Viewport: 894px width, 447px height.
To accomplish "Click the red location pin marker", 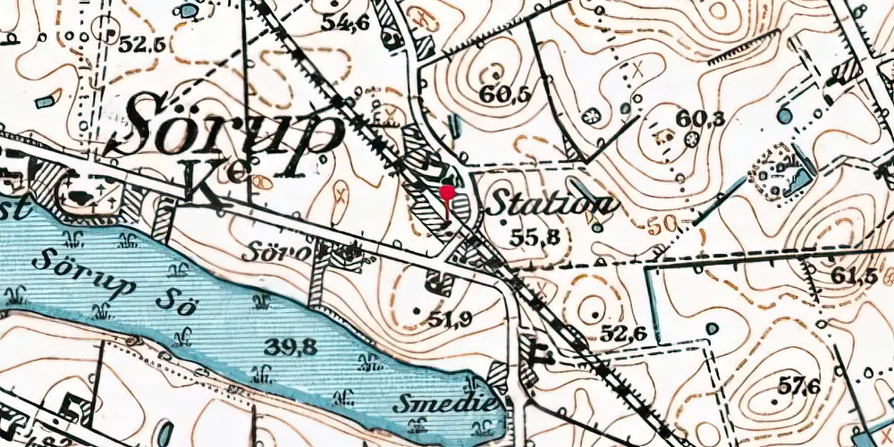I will pos(447,191).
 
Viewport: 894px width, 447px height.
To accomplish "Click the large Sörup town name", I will pos(234,132).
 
